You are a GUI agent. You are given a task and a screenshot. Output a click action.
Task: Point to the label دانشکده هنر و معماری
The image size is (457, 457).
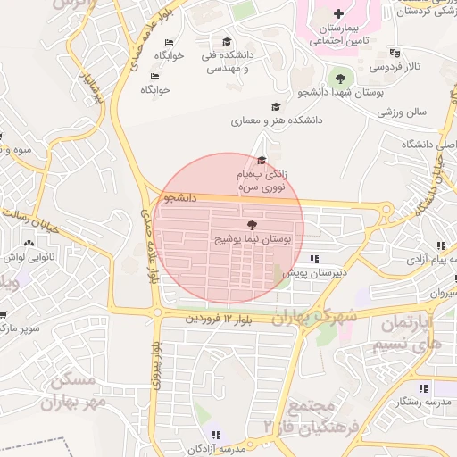pyautogui.click(x=278, y=120)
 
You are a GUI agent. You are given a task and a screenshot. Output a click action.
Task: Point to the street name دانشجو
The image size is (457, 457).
pyautogui.click(x=179, y=197)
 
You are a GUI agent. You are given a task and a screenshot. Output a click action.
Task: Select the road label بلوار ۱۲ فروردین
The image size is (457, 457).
pyautogui.click(x=215, y=318)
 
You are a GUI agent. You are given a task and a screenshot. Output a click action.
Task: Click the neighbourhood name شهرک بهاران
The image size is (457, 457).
pyautogui.click(x=316, y=315)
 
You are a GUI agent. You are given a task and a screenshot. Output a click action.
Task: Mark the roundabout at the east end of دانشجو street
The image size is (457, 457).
pyautogui.click(x=386, y=211)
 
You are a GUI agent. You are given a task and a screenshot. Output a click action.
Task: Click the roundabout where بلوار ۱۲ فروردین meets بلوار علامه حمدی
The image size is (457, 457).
pyautogui.click(x=157, y=312)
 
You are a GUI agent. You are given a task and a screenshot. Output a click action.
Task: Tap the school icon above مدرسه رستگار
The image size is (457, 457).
pyautogui.click(x=422, y=388)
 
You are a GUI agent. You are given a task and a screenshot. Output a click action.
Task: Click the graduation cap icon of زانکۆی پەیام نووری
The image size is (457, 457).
pyautogui.click(x=261, y=161)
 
